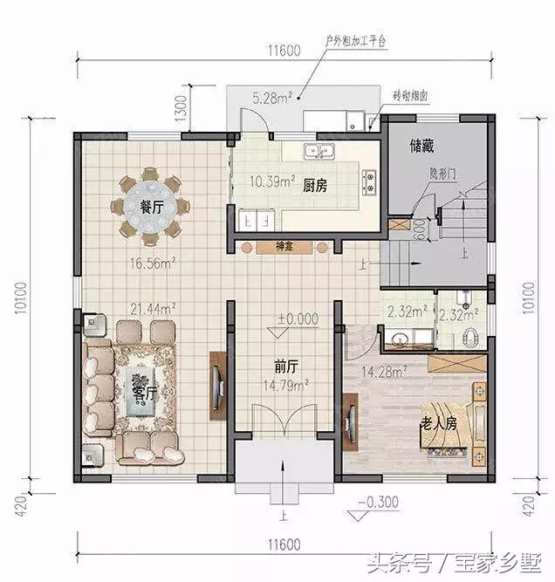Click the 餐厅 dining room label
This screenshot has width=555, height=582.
(x=152, y=209)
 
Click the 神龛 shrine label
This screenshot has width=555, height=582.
(x=284, y=248)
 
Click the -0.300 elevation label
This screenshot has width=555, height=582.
(x=379, y=503)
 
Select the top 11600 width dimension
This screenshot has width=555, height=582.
(x=281, y=51)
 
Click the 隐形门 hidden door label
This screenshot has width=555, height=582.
(x=443, y=175)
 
